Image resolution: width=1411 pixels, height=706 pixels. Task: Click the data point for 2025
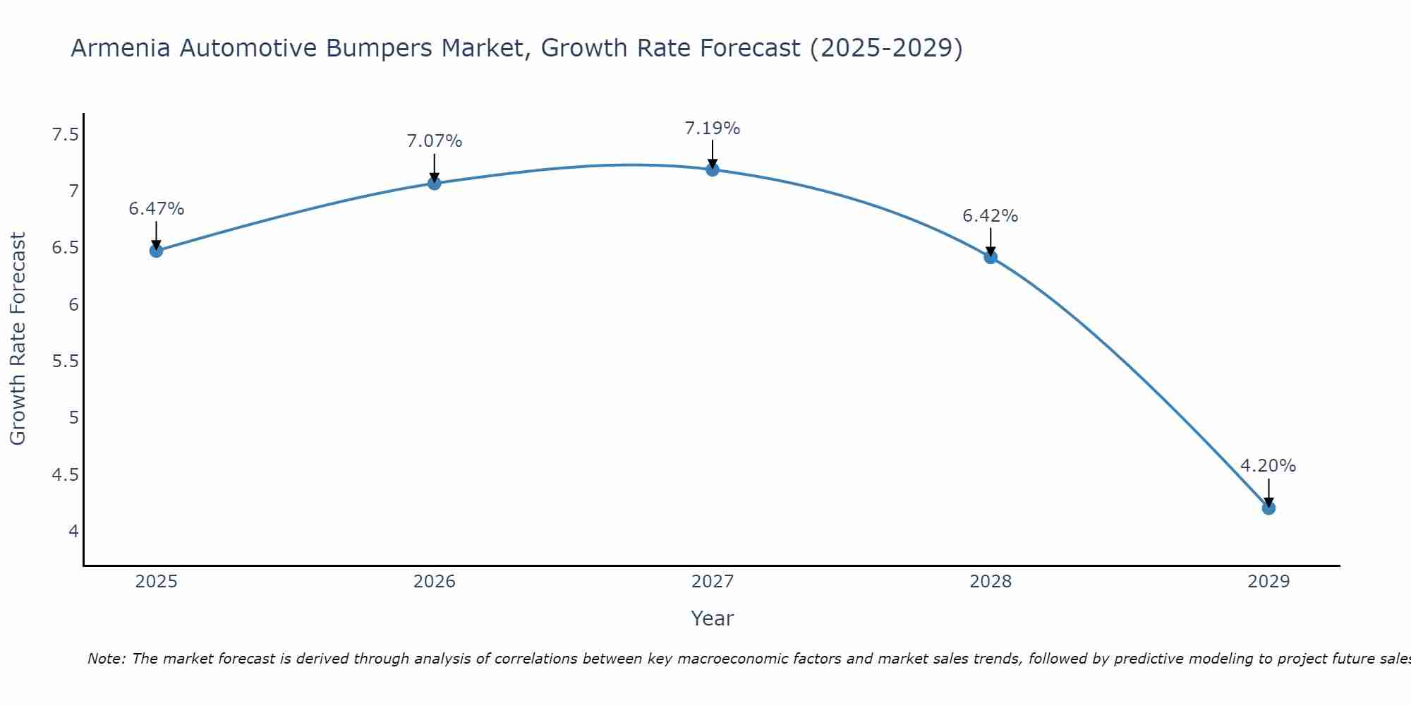pos(156,251)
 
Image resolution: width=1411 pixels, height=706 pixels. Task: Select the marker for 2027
pos(712,169)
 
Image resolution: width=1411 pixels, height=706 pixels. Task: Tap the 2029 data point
pos(1268,508)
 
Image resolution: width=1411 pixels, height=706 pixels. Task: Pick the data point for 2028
pos(990,257)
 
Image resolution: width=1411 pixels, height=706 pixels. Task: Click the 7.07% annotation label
pos(434,141)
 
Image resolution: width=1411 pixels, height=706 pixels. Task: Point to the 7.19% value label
pos(712,128)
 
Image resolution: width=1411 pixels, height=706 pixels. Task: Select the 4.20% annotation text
pos(1268,466)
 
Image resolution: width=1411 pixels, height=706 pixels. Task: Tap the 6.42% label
pos(990,216)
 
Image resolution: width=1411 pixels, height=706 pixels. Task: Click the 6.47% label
pos(156,209)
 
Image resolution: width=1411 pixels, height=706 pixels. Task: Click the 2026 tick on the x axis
pos(434,582)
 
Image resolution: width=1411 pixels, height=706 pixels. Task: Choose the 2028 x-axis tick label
pos(990,582)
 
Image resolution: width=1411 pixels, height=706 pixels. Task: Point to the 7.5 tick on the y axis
pos(65,134)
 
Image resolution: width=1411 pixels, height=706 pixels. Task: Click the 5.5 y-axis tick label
pos(65,361)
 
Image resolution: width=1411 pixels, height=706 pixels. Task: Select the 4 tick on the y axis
pos(73,531)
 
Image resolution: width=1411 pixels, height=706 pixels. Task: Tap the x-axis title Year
pos(712,618)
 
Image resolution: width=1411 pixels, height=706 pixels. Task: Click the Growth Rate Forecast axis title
pos(18,339)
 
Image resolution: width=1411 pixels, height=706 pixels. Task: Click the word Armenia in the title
pos(120,48)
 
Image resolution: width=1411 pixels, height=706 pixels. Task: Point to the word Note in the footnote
pos(105,659)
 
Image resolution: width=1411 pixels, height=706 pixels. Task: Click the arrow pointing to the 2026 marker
pos(434,168)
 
